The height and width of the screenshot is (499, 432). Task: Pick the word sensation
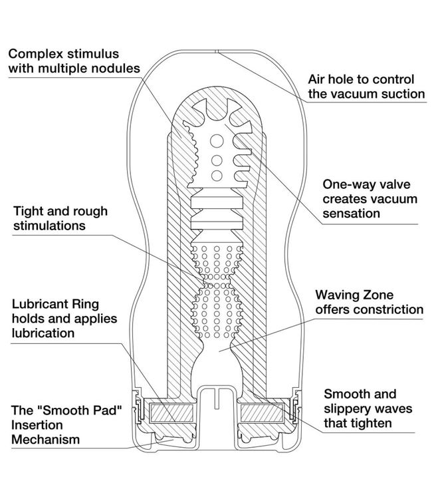[351, 214]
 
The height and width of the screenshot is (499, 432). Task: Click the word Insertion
[39, 424]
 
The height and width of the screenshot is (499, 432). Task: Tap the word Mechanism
[47, 439]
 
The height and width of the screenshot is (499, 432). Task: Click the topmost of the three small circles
[216, 142]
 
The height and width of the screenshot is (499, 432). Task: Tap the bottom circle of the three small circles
[216, 175]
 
